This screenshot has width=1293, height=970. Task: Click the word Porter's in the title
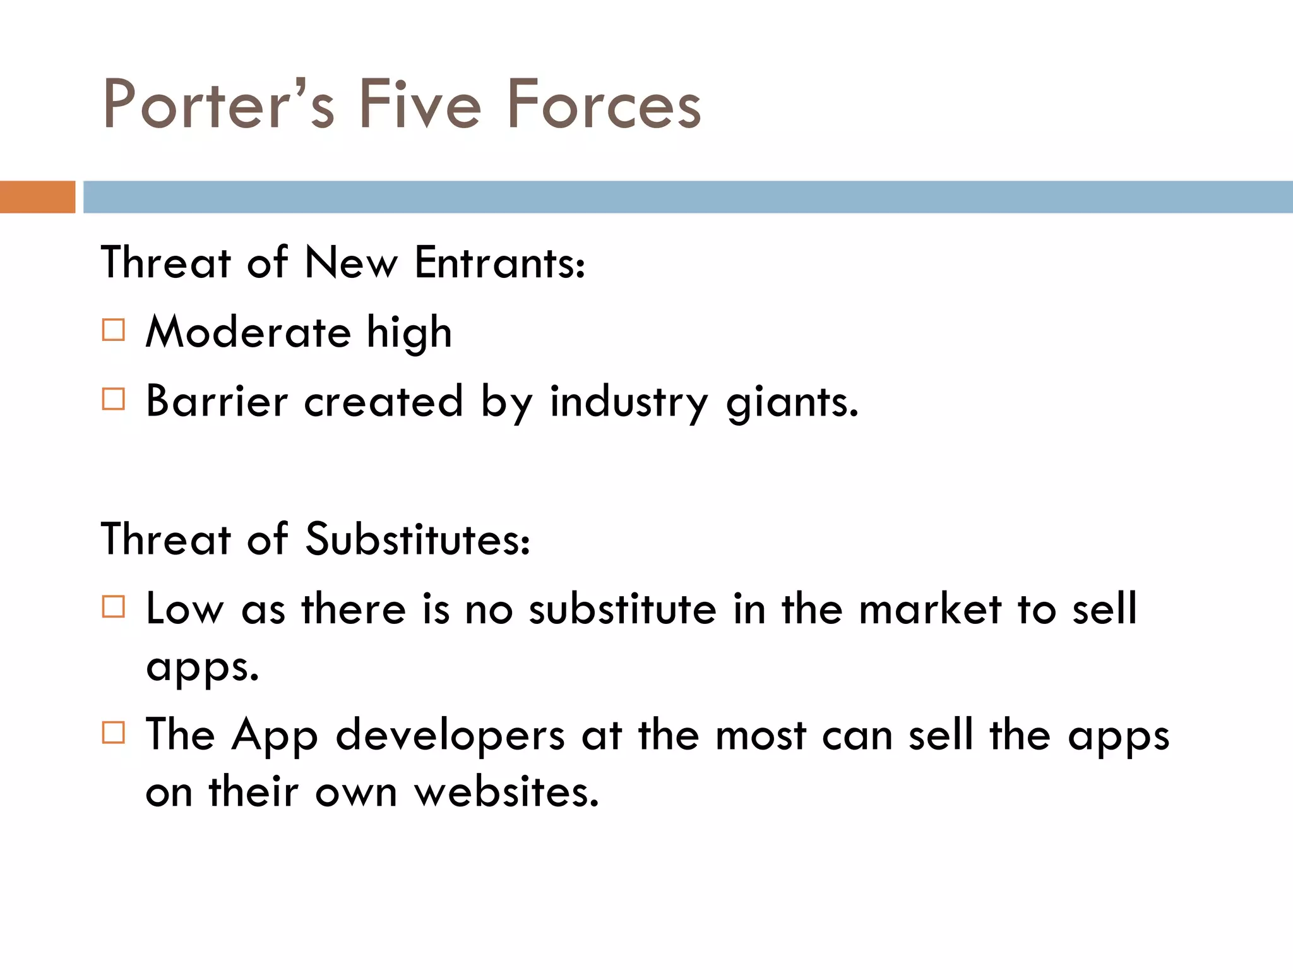(x=218, y=104)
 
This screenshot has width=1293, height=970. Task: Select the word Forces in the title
(x=604, y=104)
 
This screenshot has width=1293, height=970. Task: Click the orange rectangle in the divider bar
(x=37, y=197)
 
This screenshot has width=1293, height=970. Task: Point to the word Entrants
(x=499, y=263)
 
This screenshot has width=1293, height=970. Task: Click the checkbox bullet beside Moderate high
(x=114, y=330)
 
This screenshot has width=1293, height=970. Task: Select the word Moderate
(x=248, y=332)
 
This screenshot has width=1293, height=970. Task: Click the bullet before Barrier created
(x=114, y=399)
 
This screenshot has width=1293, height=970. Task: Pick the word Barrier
(x=217, y=402)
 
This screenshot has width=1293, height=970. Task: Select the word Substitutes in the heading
(x=417, y=541)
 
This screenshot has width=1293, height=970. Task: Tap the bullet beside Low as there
(x=114, y=607)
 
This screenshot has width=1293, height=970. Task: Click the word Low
(x=184, y=609)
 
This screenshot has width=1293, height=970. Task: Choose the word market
(x=930, y=609)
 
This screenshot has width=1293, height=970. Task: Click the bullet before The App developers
(x=114, y=733)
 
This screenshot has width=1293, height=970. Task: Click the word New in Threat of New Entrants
(x=351, y=263)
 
